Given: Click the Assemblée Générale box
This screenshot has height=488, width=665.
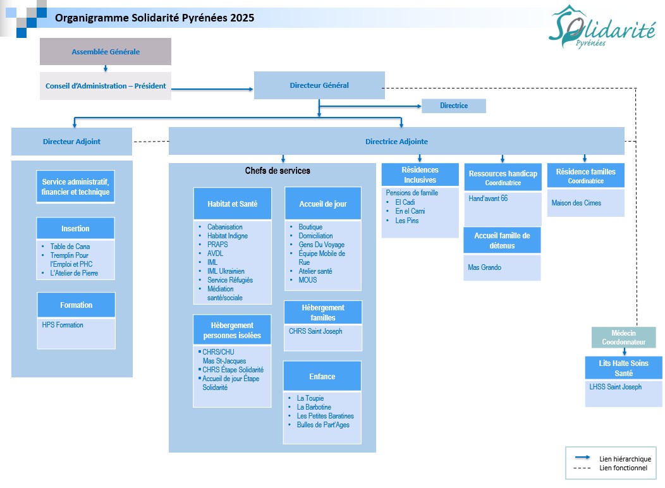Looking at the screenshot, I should point(106,52).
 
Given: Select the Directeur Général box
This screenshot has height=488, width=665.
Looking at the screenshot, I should point(319,85).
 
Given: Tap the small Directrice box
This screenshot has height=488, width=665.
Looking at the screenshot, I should point(454,106).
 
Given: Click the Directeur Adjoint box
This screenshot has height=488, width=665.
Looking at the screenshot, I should point(71,142).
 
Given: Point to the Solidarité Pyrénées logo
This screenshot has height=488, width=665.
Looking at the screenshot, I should point(601,27).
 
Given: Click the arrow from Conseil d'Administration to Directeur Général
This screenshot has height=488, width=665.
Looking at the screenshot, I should point(212,89).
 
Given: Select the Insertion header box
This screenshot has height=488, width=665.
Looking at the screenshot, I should point(75,228).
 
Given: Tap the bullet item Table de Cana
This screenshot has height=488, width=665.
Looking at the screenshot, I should point(70,247).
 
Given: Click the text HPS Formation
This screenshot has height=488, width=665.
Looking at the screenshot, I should point(63,325).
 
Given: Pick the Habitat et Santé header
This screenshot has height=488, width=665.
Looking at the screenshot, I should point(232,204).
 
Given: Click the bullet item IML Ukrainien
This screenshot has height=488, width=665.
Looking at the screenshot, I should point(226,271).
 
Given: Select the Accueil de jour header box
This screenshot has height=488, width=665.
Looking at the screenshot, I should point(323,204).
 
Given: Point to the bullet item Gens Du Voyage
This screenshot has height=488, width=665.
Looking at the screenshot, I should point(322,245).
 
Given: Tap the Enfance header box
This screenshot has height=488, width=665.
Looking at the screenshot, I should point(322,376).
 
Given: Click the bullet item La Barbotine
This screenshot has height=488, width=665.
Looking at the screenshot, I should point(314,407).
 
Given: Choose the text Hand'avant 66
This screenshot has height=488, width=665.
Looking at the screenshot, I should point(488,198).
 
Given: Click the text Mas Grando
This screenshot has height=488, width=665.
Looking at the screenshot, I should point(484,267).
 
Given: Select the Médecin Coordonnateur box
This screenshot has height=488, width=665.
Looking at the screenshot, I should point(623,338).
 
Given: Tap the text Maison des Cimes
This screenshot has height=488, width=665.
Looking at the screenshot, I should point(577,203).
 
